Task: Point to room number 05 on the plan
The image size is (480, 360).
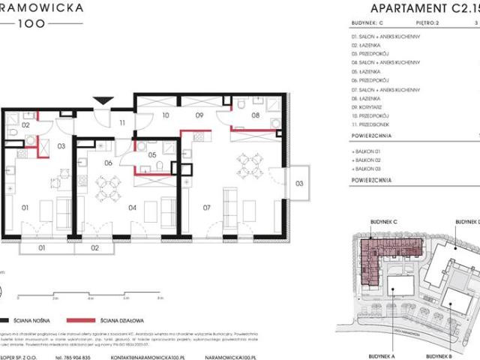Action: [x=152, y=155]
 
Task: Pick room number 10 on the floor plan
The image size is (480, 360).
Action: [x=166, y=116]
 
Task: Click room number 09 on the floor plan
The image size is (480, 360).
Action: [x=199, y=116]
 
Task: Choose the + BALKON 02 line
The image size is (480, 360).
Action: [x=372, y=160]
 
